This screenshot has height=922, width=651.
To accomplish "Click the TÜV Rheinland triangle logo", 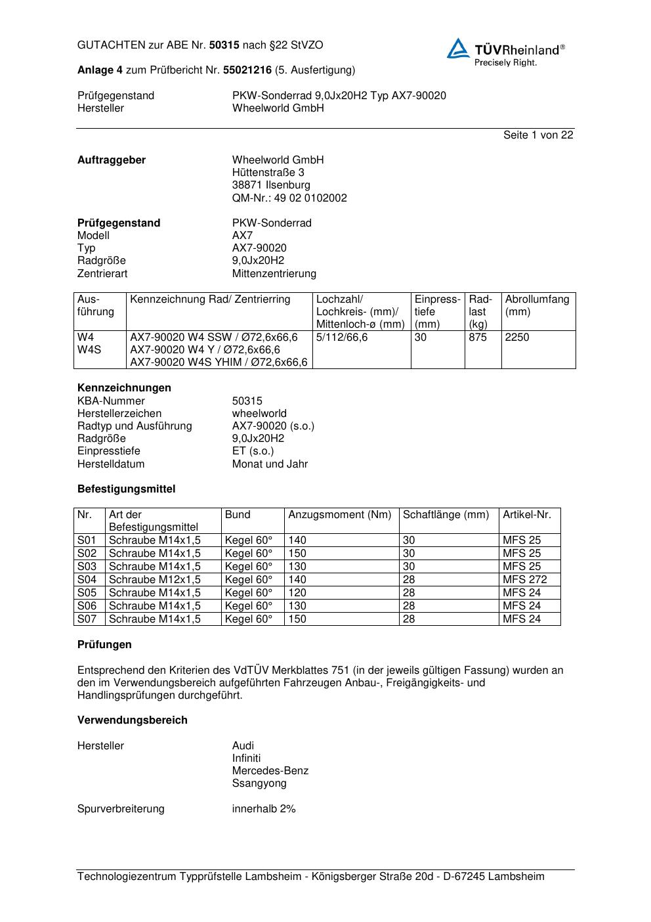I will tap(458, 49).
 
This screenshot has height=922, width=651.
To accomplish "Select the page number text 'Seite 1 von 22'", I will tap(538, 135).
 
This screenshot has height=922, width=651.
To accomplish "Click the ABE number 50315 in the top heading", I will tap(224, 45).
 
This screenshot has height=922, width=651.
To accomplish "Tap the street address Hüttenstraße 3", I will tap(268, 173).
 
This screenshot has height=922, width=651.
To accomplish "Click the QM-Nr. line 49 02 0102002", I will tap(289, 198).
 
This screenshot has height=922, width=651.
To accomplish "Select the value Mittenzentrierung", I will tap(274, 273).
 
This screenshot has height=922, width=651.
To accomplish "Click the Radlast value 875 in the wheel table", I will tap(478, 338).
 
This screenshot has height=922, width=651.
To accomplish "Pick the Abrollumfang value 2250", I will tap(516, 338).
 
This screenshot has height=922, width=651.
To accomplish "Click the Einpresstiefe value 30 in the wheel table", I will tap(421, 338).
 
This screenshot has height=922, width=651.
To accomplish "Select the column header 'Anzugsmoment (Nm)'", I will tap(340, 515).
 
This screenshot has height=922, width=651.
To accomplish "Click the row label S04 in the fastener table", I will tap(87, 580).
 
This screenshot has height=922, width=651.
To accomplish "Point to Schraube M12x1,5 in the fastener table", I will tap(155, 580).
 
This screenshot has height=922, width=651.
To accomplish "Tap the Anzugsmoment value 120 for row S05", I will tap(297, 593).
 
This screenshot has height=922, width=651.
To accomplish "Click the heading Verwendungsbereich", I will tap(132, 720).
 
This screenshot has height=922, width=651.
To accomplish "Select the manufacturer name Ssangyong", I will tap(259, 783).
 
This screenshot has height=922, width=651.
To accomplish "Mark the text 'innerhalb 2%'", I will tap(264, 809).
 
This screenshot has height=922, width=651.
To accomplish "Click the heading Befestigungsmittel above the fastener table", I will tap(126, 489).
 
